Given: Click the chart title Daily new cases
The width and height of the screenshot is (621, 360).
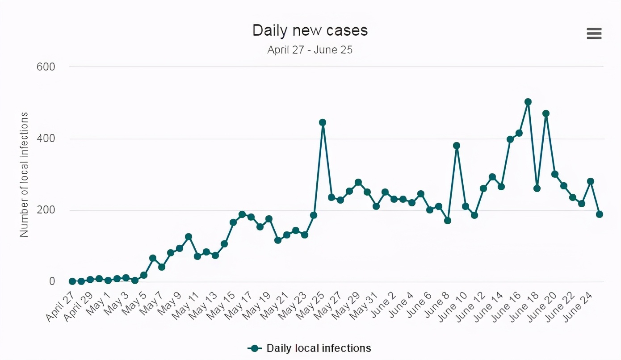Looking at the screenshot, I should coord(310,30).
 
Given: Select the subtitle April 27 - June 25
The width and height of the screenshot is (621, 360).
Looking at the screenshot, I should coord(310,50).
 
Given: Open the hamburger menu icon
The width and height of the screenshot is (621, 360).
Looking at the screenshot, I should coord(594,33).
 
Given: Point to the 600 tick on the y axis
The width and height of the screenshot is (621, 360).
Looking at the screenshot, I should coord(46,67).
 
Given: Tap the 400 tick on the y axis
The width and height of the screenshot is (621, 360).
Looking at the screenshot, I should coord(46,138).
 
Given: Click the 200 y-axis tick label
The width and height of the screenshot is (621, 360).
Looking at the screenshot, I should coord(46,210).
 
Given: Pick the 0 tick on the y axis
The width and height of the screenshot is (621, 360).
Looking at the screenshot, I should coord(52,281).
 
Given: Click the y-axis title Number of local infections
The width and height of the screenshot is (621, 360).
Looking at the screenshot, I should coord(24,174).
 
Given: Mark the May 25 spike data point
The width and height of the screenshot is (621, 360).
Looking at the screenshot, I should coord(323,122).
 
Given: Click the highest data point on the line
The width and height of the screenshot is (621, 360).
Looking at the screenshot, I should coord(528,102).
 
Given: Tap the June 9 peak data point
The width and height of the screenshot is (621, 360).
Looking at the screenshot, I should coord(457,146).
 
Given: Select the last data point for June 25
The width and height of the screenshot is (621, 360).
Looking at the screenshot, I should coord(600,214).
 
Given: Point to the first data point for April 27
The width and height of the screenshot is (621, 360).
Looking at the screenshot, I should coord(72,281).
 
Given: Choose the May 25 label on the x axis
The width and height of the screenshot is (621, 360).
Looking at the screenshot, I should coord(311,306).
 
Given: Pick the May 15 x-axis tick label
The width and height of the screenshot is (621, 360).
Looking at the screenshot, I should coord(222,306).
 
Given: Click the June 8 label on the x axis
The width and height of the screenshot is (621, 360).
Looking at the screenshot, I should coord(437,306).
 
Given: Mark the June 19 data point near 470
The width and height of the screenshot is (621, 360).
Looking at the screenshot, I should coord(546,113).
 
